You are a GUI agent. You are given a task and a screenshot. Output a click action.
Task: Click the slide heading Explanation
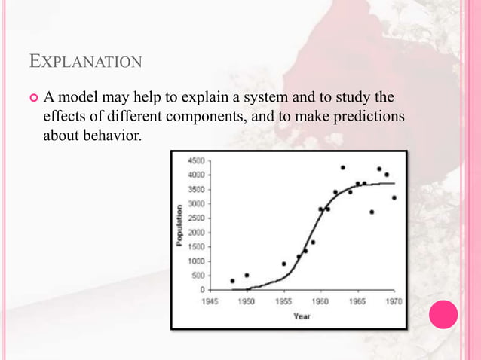pyautogui.click(x=84, y=59)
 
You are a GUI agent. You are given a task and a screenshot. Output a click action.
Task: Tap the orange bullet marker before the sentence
pyautogui.click(x=32, y=99)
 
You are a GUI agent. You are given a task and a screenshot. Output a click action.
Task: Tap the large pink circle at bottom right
pyautogui.click(x=443, y=315)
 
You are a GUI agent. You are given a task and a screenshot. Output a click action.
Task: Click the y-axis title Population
pyautogui.click(x=179, y=224)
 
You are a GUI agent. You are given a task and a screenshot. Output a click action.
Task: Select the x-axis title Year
pyautogui.click(x=302, y=316)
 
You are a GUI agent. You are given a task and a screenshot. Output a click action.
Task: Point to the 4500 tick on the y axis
pyautogui.click(x=195, y=160)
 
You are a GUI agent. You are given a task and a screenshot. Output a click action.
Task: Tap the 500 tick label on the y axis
pyautogui.click(x=198, y=276)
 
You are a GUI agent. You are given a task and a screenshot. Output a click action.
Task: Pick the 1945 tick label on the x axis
pyautogui.click(x=210, y=301)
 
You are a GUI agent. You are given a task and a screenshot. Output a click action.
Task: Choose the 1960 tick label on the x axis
pyautogui.click(x=320, y=301)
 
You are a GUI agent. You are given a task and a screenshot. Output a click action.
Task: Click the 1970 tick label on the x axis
pyautogui.click(x=394, y=301)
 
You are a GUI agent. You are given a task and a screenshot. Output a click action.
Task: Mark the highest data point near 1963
pyautogui.click(x=342, y=168)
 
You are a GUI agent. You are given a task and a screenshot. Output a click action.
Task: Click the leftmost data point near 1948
pyautogui.click(x=232, y=280)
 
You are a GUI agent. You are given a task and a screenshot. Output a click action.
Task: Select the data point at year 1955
pyautogui.click(x=283, y=264)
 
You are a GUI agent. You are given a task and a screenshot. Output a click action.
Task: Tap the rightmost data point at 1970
pyautogui.click(x=394, y=198)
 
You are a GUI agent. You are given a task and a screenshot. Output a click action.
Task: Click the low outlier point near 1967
pyautogui.click(x=372, y=212)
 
